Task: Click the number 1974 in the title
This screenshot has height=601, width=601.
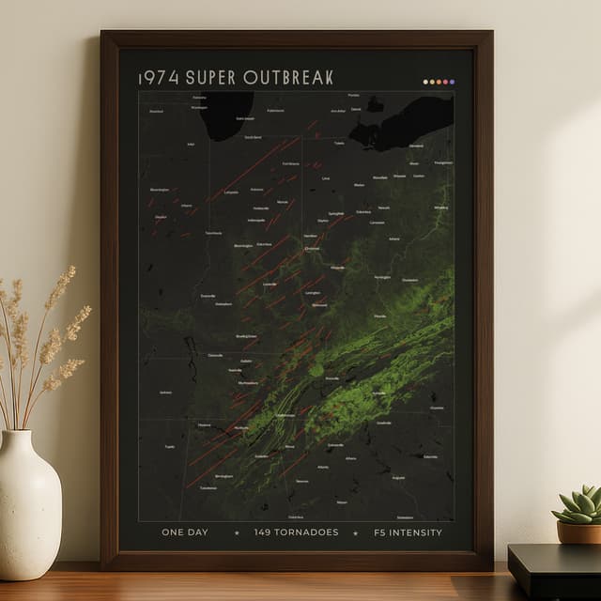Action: (x=159, y=77)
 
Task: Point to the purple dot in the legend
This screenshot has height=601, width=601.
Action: (x=453, y=82)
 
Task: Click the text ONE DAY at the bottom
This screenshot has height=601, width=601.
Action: (x=185, y=532)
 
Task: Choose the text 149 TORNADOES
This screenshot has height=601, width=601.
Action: (x=296, y=532)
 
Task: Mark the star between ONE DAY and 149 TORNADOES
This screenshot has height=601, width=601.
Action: (x=237, y=532)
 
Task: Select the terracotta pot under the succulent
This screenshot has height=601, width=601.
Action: (x=578, y=532)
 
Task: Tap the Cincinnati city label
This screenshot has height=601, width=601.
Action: (x=313, y=248)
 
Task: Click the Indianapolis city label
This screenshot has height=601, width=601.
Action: (x=256, y=220)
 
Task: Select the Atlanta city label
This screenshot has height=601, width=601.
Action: (x=323, y=467)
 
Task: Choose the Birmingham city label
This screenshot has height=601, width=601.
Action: (x=223, y=476)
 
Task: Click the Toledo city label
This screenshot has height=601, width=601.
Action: (x=339, y=144)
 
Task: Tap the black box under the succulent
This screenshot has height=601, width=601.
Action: (x=554, y=568)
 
